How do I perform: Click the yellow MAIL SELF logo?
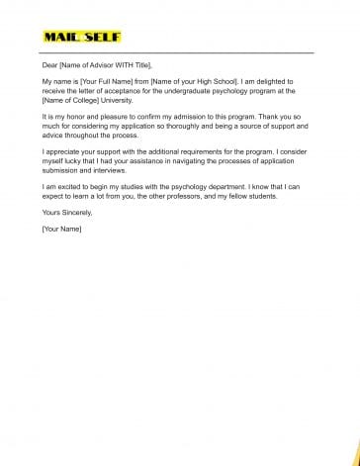pyautogui.click(x=82, y=37)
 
